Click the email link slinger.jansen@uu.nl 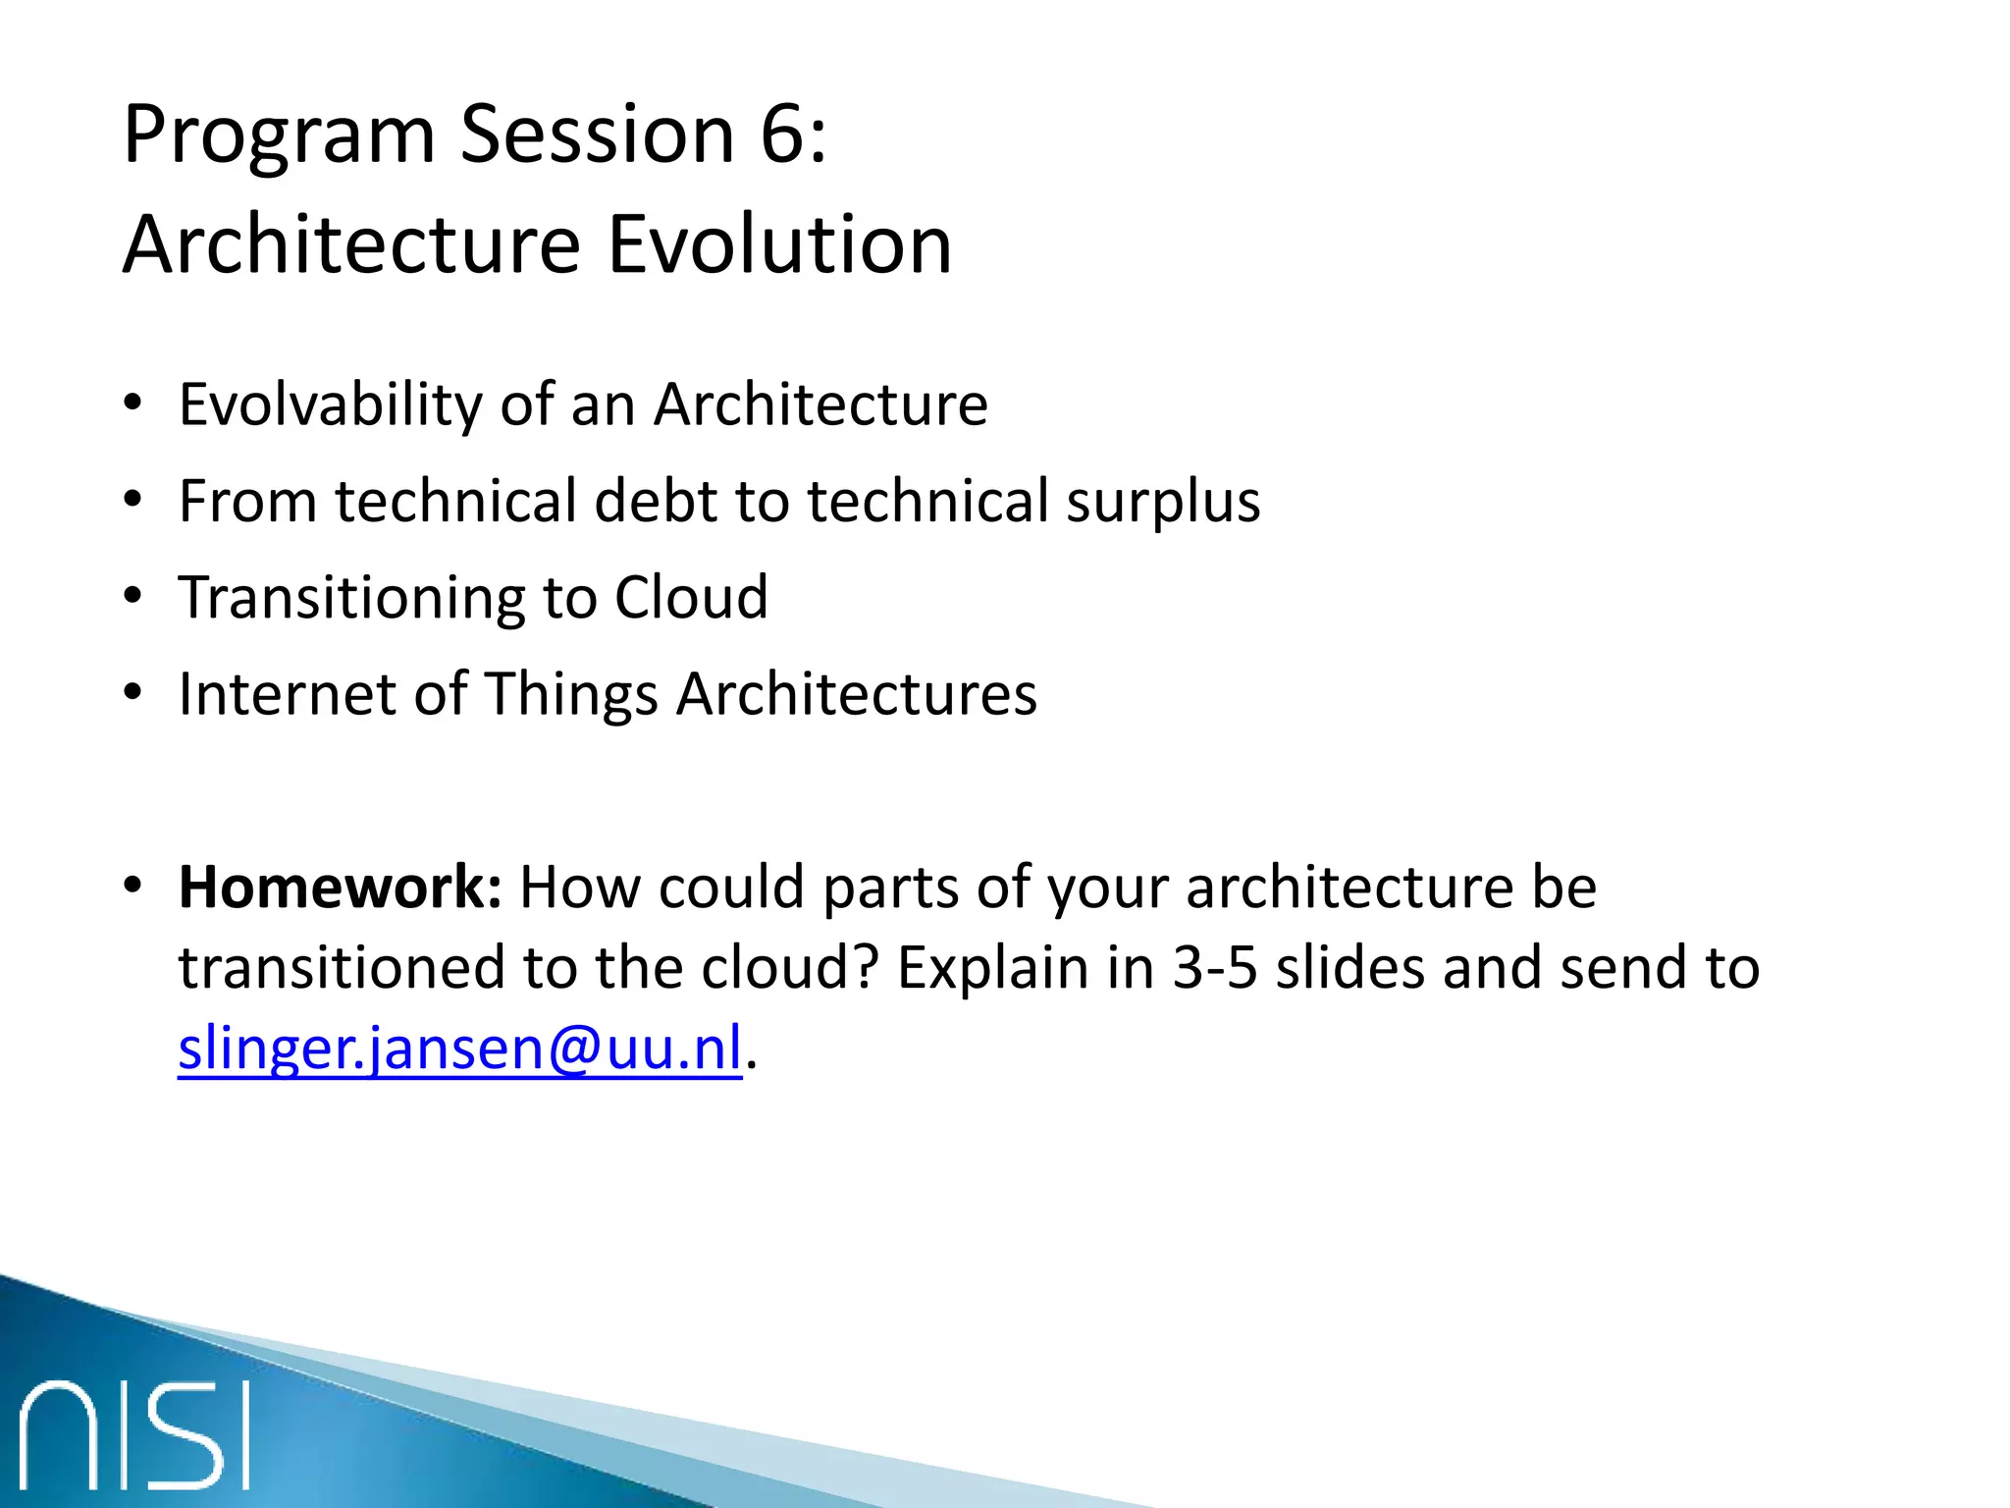[459, 1049]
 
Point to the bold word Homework [340, 888]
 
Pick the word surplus [1163, 502]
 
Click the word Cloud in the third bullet [691, 597]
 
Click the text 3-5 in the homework [1215, 968]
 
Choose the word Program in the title [279, 136]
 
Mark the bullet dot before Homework [132, 886]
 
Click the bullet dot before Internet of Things [132, 693]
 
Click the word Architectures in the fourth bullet [856, 694]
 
